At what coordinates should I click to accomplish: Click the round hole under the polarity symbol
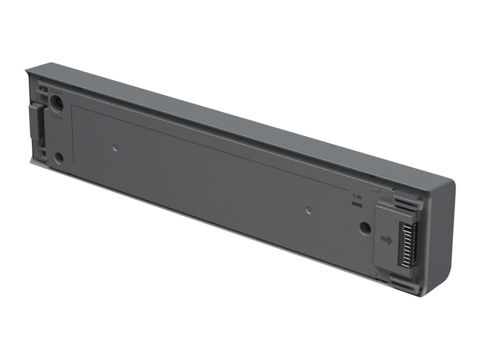coord(59,158)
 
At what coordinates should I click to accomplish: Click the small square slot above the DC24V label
coord(43,88)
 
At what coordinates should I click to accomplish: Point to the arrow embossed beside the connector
coord(387,240)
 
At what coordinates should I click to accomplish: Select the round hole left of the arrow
coord(365,228)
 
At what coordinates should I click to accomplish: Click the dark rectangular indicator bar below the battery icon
coord(357,204)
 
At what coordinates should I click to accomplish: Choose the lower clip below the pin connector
coord(404,284)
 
